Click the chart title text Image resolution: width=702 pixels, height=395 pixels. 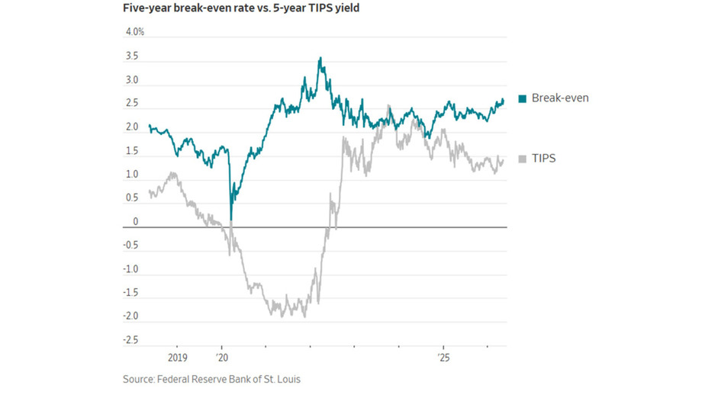click(241, 8)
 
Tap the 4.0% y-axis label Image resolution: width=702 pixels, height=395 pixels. click(135, 32)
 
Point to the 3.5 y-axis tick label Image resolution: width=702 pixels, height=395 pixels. click(132, 56)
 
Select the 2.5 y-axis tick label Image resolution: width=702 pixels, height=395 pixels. click(132, 104)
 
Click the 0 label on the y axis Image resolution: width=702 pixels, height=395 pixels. click(136, 221)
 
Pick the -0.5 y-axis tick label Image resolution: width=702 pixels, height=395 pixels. click(130, 245)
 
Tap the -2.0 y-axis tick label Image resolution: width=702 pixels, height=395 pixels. click(130, 316)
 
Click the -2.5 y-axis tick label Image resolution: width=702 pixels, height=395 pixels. click(130, 340)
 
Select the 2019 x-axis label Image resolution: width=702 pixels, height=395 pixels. click(177, 358)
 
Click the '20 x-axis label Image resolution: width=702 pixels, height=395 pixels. click(221, 358)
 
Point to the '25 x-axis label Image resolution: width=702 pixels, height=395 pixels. click(443, 358)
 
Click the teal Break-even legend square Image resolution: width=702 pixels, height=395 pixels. click(523, 99)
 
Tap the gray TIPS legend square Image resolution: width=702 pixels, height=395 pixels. click(523, 159)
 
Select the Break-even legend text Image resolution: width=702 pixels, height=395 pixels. click(560, 98)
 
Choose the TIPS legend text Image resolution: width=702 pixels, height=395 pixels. click(543, 159)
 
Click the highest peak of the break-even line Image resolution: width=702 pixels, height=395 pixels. click(320, 57)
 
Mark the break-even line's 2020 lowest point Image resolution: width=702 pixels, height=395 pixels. click(231, 220)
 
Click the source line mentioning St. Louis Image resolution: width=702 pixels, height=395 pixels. click(212, 379)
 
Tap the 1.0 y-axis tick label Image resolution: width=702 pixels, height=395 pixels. click(132, 174)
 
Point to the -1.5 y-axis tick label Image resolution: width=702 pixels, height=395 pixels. click(130, 293)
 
